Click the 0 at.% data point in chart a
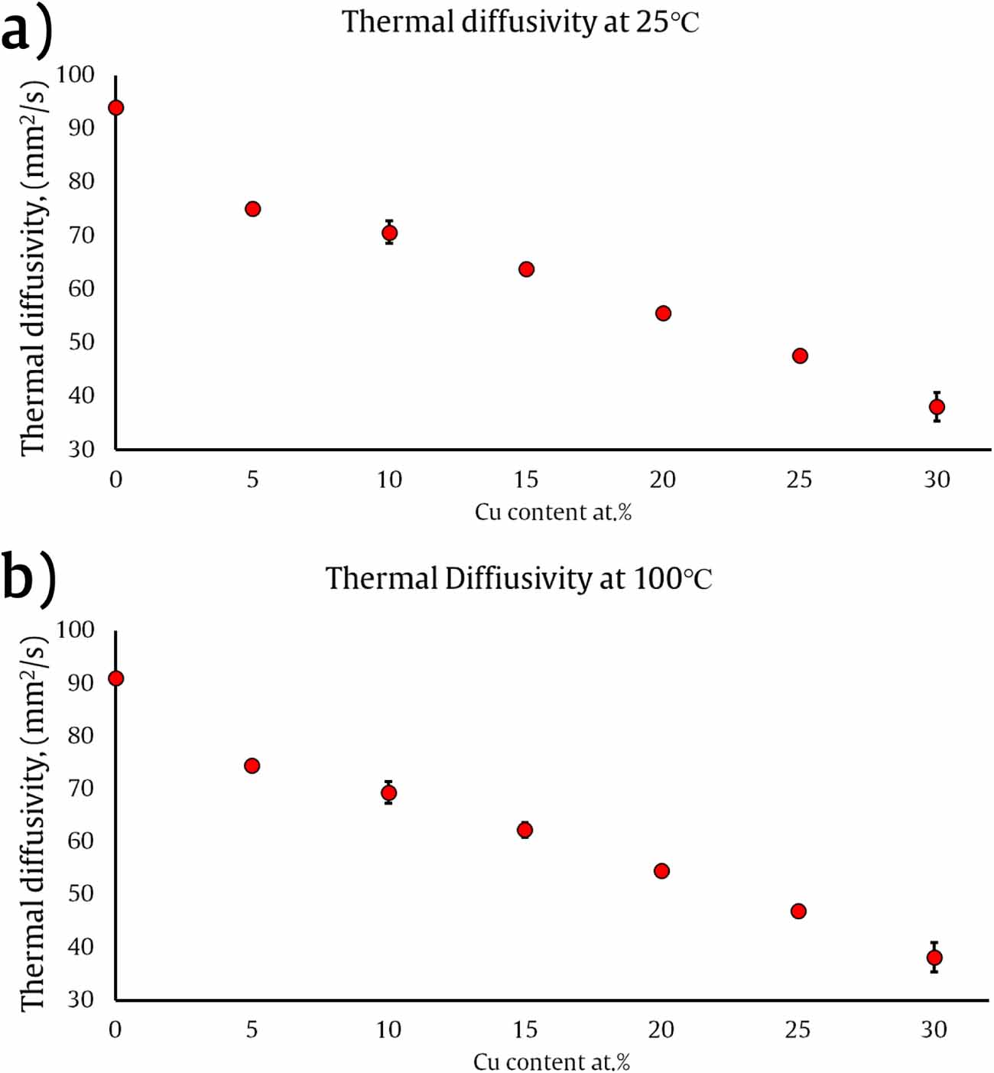coord(115,108)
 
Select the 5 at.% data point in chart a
coord(252,209)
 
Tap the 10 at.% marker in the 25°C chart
coord(389,232)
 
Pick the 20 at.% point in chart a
coord(663,314)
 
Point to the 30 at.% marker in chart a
coord(937,407)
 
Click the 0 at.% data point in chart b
coord(115,678)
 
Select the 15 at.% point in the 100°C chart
coord(525,830)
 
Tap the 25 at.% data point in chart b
coord(798,911)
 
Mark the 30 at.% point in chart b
coord(934,958)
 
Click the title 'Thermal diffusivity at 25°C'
coord(520,21)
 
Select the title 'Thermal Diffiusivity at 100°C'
coord(518,578)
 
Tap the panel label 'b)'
coord(28,578)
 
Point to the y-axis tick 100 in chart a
coord(76,74)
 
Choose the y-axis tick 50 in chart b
coord(81,893)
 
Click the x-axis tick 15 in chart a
coord(526,480)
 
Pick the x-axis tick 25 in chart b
coord(797,1029)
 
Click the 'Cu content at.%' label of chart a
coord(553,512)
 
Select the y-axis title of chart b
coord(34,822)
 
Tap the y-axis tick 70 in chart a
coord(81,235)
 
